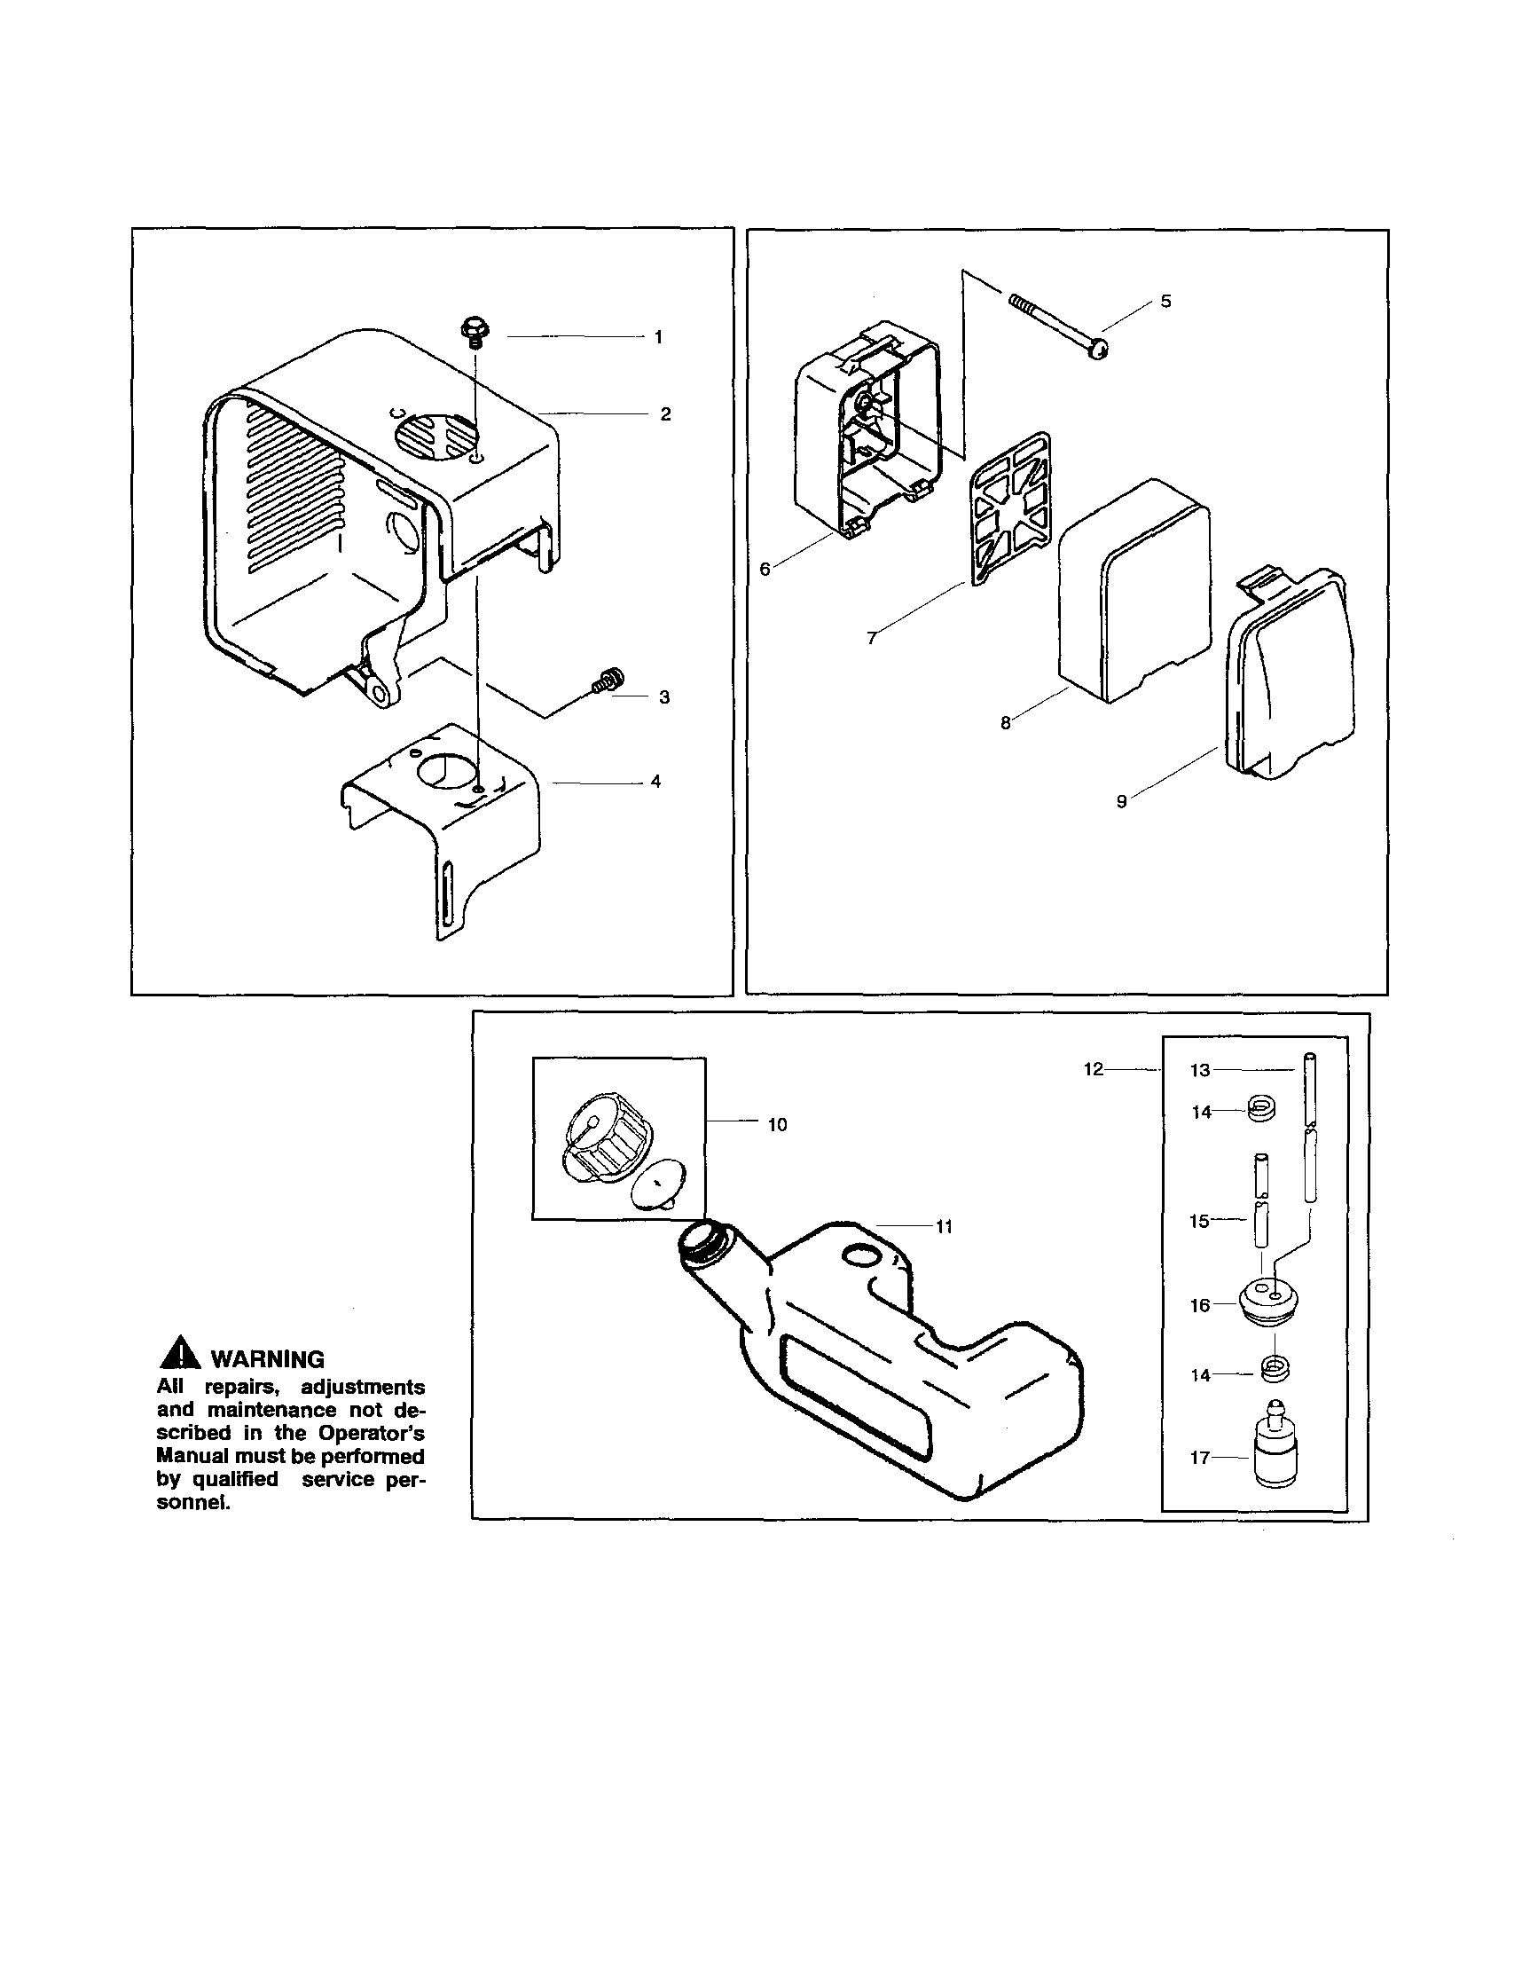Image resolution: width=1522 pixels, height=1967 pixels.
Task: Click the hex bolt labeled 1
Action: click(474, 330)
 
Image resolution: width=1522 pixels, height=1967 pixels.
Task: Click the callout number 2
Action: click(664, 414)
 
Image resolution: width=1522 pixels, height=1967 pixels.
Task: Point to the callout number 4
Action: click(655, 782)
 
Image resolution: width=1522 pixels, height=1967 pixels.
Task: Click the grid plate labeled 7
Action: click(1010, 513)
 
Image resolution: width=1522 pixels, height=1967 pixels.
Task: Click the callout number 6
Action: click(765, 570)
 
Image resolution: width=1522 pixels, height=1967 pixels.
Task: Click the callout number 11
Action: click(944, 1227)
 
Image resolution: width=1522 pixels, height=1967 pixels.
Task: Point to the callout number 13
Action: click(1199, 1070)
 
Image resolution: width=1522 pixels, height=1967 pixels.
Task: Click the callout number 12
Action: click(1093, 1069)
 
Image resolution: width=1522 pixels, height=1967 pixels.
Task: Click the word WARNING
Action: click(267, 1359)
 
